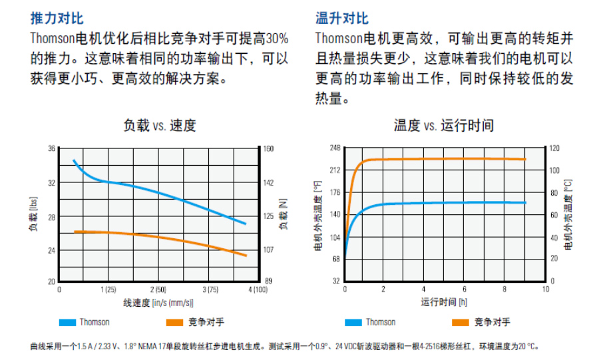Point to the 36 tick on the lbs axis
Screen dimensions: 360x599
pyautogui.click(x=51, y=148)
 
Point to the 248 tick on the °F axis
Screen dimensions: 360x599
pyautogui.click(x=335, y=148)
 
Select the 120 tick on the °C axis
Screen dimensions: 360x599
pyautogui.click(x=554, y=148)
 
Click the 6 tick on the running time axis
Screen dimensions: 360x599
pyautogui.click(x=465, y=289)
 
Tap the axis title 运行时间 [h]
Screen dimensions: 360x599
pyautogui.click(x=444, y=302)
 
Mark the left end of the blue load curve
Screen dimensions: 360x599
pyautogui.click(x=74, y=160)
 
